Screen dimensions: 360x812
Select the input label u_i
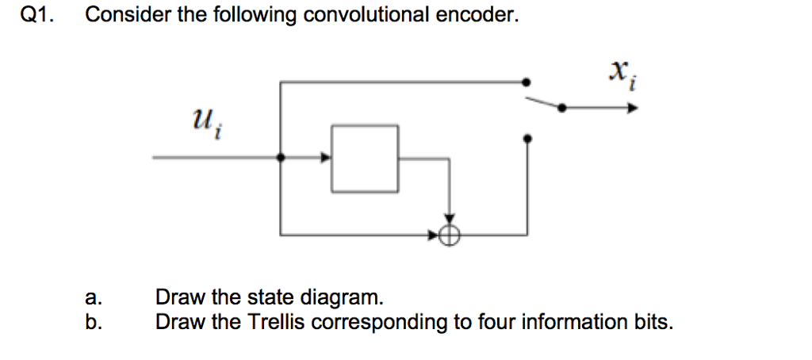tap(205, 124)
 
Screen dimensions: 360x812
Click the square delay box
tap(365, 158)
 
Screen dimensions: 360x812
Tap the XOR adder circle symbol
tap(450, 234)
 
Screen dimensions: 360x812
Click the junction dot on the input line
tap(281, 158)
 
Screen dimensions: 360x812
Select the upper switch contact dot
tap(527, 81)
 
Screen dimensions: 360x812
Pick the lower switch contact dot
tap(528, 138)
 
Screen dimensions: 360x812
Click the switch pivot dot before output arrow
tap(562, 109)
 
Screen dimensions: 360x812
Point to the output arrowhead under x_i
tap(632, 109)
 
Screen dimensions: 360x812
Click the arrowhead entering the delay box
tap(325, 158)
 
